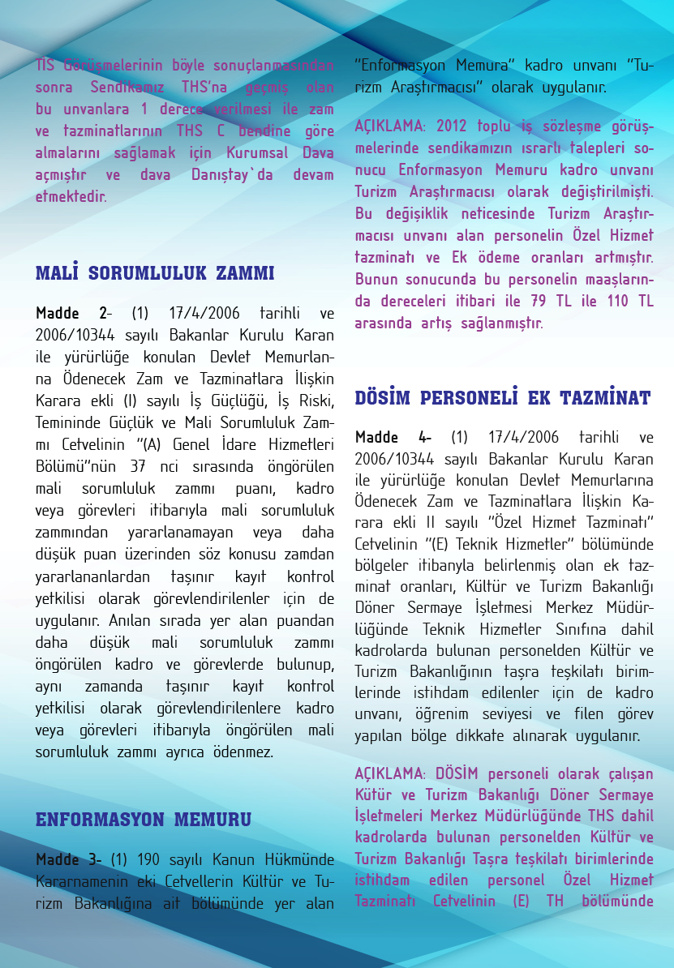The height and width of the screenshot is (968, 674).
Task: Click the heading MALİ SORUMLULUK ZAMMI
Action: (x=155, y=273)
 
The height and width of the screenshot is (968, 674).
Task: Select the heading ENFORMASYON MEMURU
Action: (x=143, y=820)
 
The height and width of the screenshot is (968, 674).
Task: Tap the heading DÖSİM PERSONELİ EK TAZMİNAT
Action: (x=503, y=398)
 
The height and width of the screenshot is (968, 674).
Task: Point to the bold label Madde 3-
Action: (x=68, y=859)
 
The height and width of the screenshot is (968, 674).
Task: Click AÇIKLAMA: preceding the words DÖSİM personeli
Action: (x=391, y=773)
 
